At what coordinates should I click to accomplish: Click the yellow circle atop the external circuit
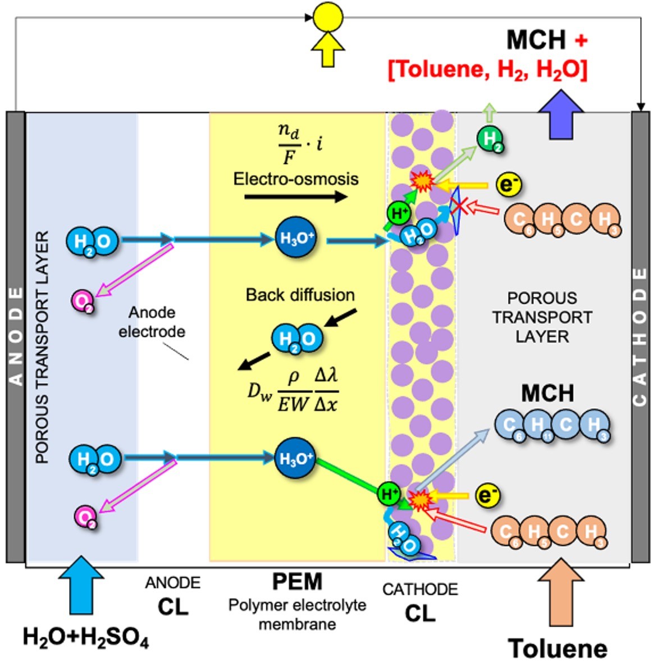tap(327, 17)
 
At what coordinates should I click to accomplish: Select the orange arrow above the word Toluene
tap(560, 592)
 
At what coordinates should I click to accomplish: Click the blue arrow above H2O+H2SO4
tap(81, 585)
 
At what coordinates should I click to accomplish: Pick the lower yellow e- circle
tap(488, 495)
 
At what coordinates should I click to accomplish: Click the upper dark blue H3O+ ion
tap(296, 238)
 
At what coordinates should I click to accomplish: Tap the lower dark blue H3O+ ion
tap(296, 458)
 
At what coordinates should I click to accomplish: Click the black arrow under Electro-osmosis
tap(296, 197)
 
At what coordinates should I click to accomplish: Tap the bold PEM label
tap(297, 582)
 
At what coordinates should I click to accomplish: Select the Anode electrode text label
tap(152, 322)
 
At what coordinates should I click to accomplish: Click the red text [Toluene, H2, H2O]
tap(487, 70)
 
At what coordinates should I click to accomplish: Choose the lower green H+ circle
tap(389, 494)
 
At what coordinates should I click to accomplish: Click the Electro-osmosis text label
tap(296, 179)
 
